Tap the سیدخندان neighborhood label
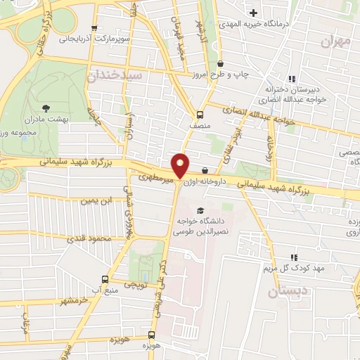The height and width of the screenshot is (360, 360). point(115,74)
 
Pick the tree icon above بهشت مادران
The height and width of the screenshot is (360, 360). point(46,108)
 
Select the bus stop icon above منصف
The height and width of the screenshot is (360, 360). point(200,115)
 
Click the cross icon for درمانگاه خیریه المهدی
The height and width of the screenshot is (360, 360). point(253,13)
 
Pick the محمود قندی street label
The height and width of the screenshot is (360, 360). point(94,239)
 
